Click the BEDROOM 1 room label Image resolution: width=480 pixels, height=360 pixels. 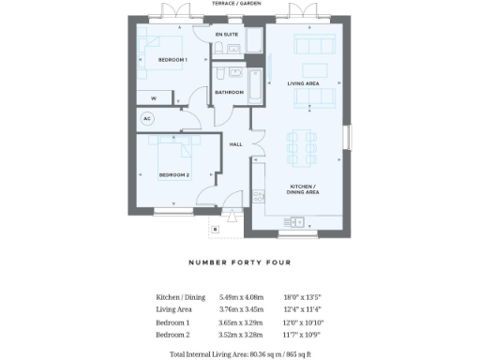point(173,60)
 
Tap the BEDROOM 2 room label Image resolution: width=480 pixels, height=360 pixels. point(173,175)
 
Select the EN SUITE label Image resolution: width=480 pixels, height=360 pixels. point(226,35)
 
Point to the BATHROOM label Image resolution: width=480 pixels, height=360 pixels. point(230,92)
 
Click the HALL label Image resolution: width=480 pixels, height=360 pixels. point(236,144)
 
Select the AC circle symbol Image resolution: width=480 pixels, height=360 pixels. point(146,119)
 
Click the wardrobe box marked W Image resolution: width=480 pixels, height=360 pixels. point(153,97)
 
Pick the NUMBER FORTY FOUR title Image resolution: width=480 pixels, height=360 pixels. point(240,263)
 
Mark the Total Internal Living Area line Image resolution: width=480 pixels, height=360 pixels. point(240,353)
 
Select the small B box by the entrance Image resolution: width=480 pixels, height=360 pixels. point(215,228)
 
